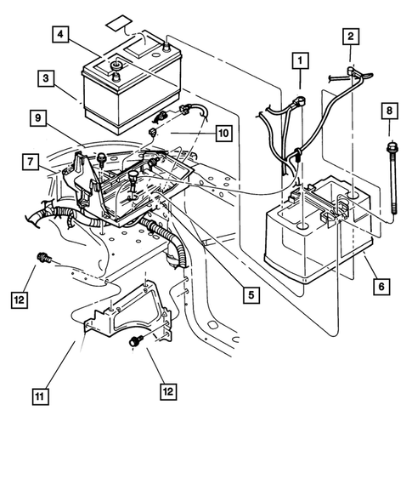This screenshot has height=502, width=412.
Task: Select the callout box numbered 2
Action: pos(350,36)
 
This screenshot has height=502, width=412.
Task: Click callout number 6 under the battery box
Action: pos(379,288)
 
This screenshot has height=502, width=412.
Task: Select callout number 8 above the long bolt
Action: pos(390,111)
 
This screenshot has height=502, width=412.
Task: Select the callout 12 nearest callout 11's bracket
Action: pos(168,391)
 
